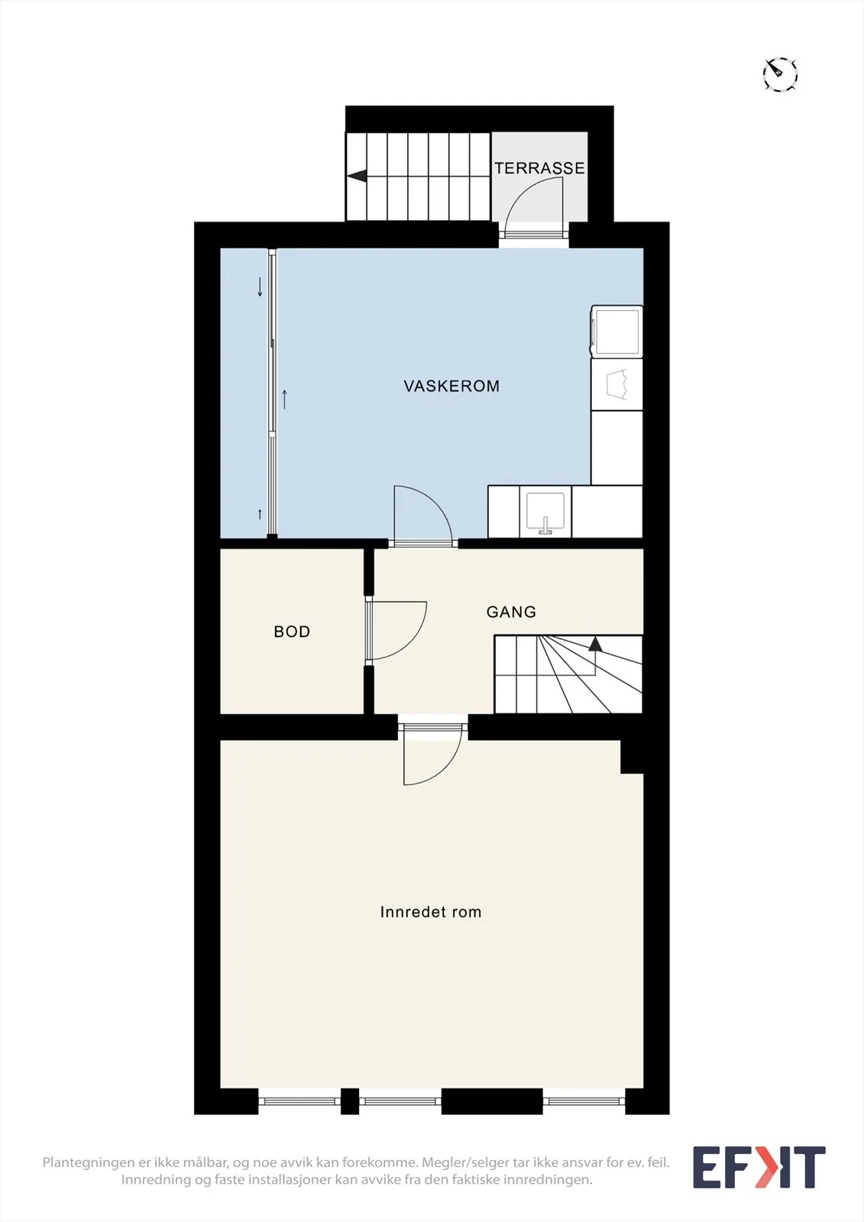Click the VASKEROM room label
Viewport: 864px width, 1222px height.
pyautogui.click(x=451, y=386)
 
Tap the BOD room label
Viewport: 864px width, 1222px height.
pyautogui.click(x=292, y=632)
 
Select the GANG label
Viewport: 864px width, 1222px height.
pyautogui.click(x=511, y=612)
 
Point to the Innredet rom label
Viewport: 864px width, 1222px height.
pyautogui.click(x=431, y=912)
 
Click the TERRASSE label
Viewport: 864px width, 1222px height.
pyautogui.click(x=539, y=168)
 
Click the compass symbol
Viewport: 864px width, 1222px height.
pyautogui.click(x=779, y=73)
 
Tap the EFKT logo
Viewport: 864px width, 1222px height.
pyautogui.click(x=759, y=1168)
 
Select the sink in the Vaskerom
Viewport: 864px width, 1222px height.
pyautogui.click(x=545, y=512)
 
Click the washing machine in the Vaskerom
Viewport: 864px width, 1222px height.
pyautogui.click(x=616, y=331)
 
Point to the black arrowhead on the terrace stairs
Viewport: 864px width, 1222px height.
pyautogui.click(x=357, y=176)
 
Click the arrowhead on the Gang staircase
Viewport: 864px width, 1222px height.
pyautogui.click(x=595, y=644)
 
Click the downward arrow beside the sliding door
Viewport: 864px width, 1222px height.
pyautogui.click(x=260, y=286)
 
